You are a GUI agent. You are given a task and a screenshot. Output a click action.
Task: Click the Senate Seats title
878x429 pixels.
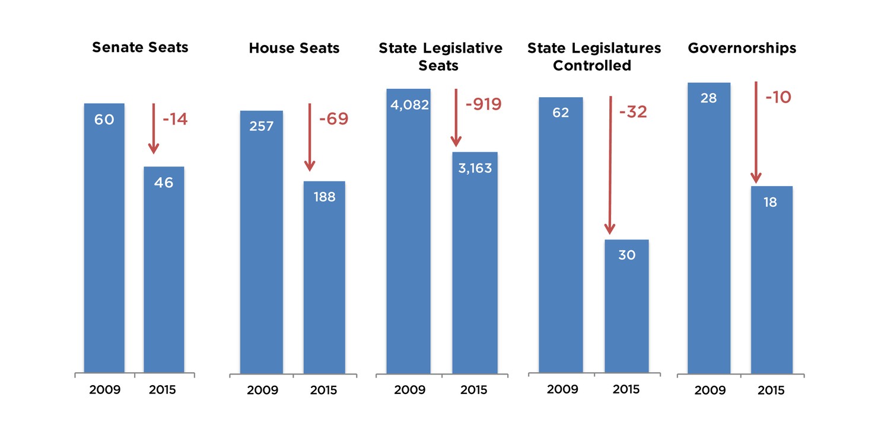[x=140, y=47]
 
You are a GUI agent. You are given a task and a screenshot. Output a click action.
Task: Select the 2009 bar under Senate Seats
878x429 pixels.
[x=104, y=237]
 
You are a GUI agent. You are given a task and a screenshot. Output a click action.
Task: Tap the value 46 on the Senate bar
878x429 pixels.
[x=164, y=183]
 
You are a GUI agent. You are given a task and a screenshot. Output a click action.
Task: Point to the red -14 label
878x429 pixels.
[x=174, y=119]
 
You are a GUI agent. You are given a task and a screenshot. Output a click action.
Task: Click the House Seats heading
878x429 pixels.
[x=294, y=48]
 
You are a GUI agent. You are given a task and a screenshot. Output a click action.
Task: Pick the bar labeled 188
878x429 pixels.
[x=325, y=278]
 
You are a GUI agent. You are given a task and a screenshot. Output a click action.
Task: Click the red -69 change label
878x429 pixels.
[x=333, y=119]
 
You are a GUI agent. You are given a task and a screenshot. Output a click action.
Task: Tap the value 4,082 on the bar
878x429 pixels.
[x=410, y=105]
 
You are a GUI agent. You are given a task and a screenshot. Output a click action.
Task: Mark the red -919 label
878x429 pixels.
[x=483, y=105]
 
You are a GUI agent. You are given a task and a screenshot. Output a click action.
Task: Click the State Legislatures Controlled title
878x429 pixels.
[x=594, y=56]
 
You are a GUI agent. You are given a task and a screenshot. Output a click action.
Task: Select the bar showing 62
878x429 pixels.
[x=561, y=237]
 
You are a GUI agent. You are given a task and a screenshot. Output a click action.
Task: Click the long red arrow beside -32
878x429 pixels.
[x=610, y=166]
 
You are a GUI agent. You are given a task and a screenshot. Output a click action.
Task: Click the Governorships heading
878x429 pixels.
[x=742, y=48]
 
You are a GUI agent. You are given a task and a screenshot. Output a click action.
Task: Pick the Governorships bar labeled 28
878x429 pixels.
[x=708, y=231]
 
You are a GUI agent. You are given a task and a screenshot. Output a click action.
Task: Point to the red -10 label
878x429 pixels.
[x=778, y=97]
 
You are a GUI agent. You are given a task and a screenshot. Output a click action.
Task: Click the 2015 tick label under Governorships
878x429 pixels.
[x=771, y=390]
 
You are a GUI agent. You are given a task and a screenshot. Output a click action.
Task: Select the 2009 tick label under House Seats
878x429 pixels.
[x=262, y=390]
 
